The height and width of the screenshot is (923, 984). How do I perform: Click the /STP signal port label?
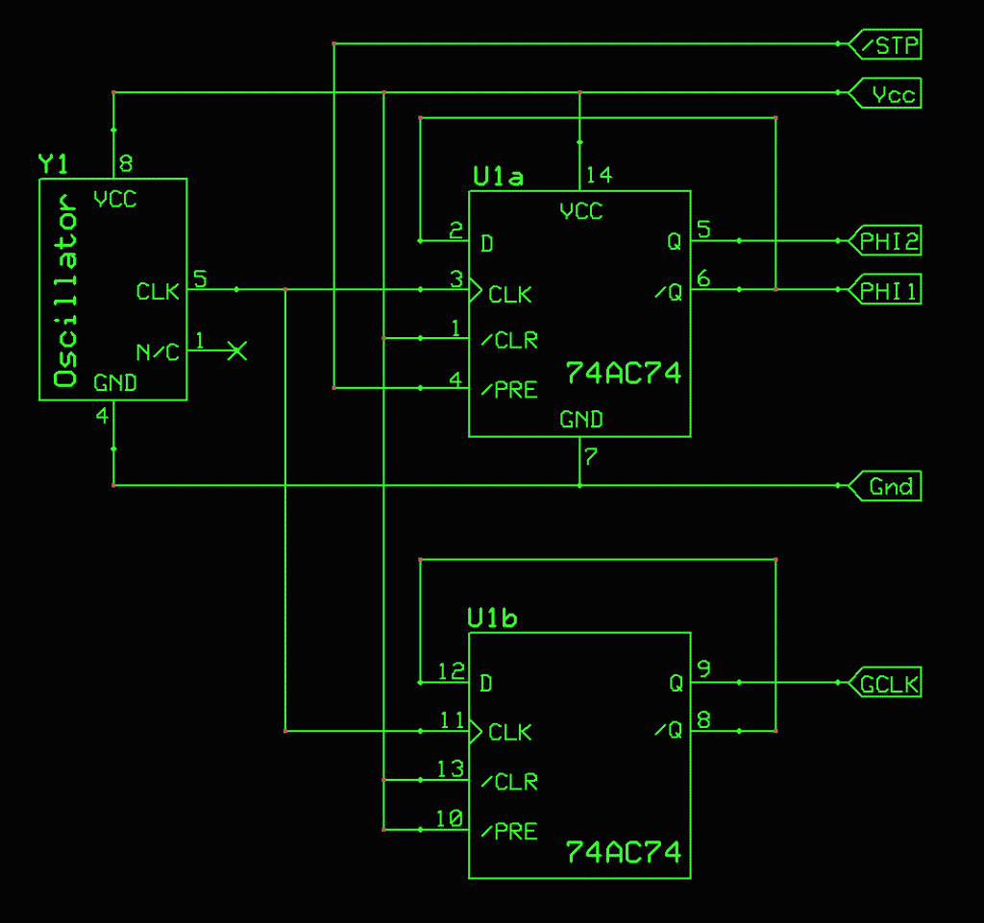pyautogui.click(x=886, y=44)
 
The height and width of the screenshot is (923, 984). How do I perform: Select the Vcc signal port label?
pyautogui.click(x=886, y=94)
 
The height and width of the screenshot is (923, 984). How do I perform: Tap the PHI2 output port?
pyautogui.click(x=885, y=242)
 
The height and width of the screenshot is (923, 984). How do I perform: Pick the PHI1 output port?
pyautogui.click(x=885, y=290)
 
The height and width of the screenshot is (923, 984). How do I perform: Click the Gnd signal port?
pyautogui.click(x=886, y=486)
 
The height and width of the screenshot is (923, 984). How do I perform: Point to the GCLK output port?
pyautogui.click(x=885, y=684)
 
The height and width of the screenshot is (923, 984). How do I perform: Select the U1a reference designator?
pyautogui.click(x=498, y=178)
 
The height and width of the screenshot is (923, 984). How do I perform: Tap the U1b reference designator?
pyautogui.click(x=492, y=619)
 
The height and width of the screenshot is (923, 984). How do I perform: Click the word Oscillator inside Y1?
pyautogui.click(x=66, y=290)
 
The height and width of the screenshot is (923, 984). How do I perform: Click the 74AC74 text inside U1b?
pyautogui.click(x=623, y=852)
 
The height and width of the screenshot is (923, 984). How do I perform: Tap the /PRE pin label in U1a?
pyautogui.click(x=509, y=390)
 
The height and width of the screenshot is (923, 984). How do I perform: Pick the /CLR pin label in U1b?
pyautogui.click(x=509, y=782)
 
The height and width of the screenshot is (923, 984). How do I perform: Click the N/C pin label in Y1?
pyautogui.click(x=158, y=352)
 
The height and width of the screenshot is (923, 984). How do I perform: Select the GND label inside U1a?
pyautogui.click(x=581, y=419)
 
